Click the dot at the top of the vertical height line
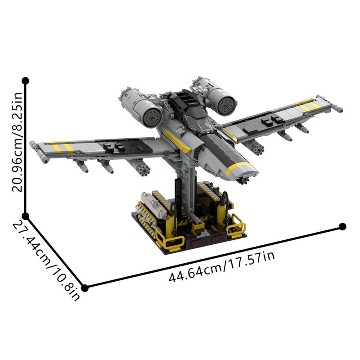[x=26, y=81]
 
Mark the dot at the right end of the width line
[x=342, y=226]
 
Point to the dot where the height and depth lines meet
[x=26, y=216]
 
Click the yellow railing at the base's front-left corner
[x=172, y=242]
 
